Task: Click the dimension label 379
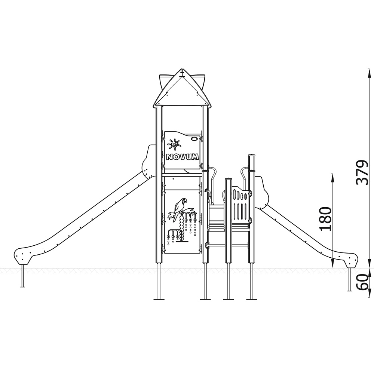point(362,173)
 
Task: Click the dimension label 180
point(326,219)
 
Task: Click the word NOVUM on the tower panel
point(183,157)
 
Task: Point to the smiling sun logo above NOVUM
point(175,144)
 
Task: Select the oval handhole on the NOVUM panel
point(194,138)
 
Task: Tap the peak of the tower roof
point(182,70)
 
